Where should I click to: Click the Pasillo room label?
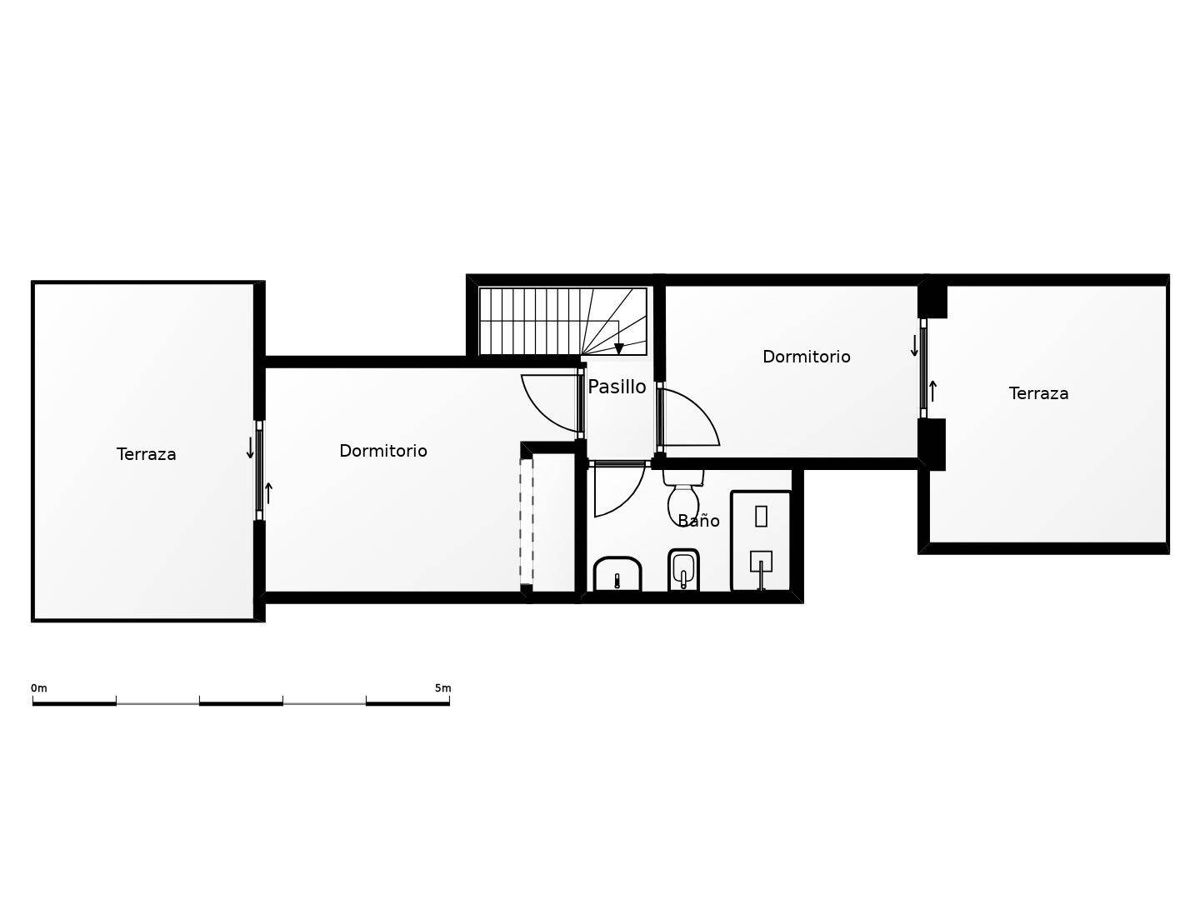pos(617,387)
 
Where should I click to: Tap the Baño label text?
pos(698,520)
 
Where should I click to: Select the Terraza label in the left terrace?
pos(146,454)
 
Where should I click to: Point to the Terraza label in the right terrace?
pos(1038,393)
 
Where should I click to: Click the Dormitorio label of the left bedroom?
pos(382,451)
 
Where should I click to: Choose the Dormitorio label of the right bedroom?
pos(807,357)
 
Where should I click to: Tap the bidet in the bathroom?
pos(683,570)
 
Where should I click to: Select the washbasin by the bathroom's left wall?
pos(617,574)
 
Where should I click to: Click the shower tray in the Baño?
pos(761,541)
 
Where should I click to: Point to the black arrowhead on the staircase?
pos(619,348)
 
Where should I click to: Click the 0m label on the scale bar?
pos(39,688)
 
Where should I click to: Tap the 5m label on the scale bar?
pos(442,688)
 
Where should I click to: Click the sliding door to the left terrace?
pos(259,470)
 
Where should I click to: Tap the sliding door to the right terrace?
pos(923,368)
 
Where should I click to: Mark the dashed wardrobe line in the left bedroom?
pos(526,522)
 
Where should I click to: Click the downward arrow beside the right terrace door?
pos(914,346)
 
